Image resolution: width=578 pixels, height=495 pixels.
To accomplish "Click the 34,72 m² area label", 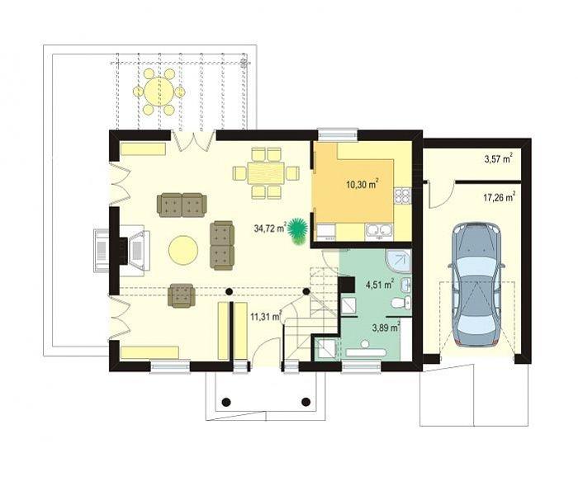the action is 270,229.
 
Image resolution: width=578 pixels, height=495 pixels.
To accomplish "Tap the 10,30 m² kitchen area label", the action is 362,184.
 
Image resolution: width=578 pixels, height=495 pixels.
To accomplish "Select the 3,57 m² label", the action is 499,159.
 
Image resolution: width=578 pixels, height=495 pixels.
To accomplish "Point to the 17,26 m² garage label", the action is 500,197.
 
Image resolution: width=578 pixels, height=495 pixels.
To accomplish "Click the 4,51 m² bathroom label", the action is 380,285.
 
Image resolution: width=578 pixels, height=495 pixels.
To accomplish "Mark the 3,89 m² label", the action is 386,328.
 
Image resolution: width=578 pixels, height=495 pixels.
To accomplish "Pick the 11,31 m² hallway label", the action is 266,316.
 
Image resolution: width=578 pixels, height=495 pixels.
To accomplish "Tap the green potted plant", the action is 297,230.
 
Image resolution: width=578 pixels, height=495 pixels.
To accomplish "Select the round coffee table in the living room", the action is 183,250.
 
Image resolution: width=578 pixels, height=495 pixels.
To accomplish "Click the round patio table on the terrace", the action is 159,92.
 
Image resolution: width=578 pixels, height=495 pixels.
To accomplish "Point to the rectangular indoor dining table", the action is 266,173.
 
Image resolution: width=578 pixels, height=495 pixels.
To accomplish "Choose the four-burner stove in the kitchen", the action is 402,196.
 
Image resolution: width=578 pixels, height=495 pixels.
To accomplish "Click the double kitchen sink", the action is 379,230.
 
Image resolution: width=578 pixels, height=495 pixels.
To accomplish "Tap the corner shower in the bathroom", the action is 398,262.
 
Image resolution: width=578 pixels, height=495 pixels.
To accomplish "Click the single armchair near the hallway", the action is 182,295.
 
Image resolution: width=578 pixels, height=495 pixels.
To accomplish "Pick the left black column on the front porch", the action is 226,402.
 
